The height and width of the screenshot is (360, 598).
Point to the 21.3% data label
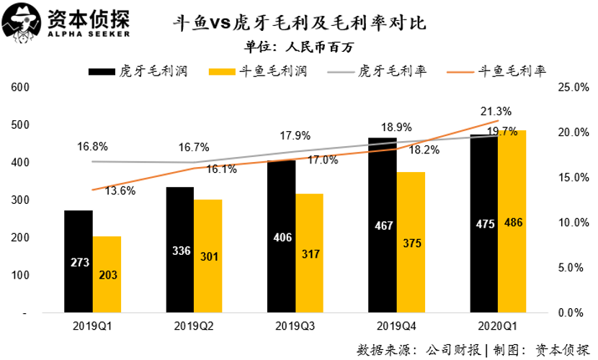[497, 112]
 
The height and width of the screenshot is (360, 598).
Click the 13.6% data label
[119, 191]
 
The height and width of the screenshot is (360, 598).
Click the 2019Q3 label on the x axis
[295, 325]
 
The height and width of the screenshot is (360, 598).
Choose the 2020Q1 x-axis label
[496, 325]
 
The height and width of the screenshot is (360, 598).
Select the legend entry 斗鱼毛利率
[512, 71]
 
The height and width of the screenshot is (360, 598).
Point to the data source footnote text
[473, 349]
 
